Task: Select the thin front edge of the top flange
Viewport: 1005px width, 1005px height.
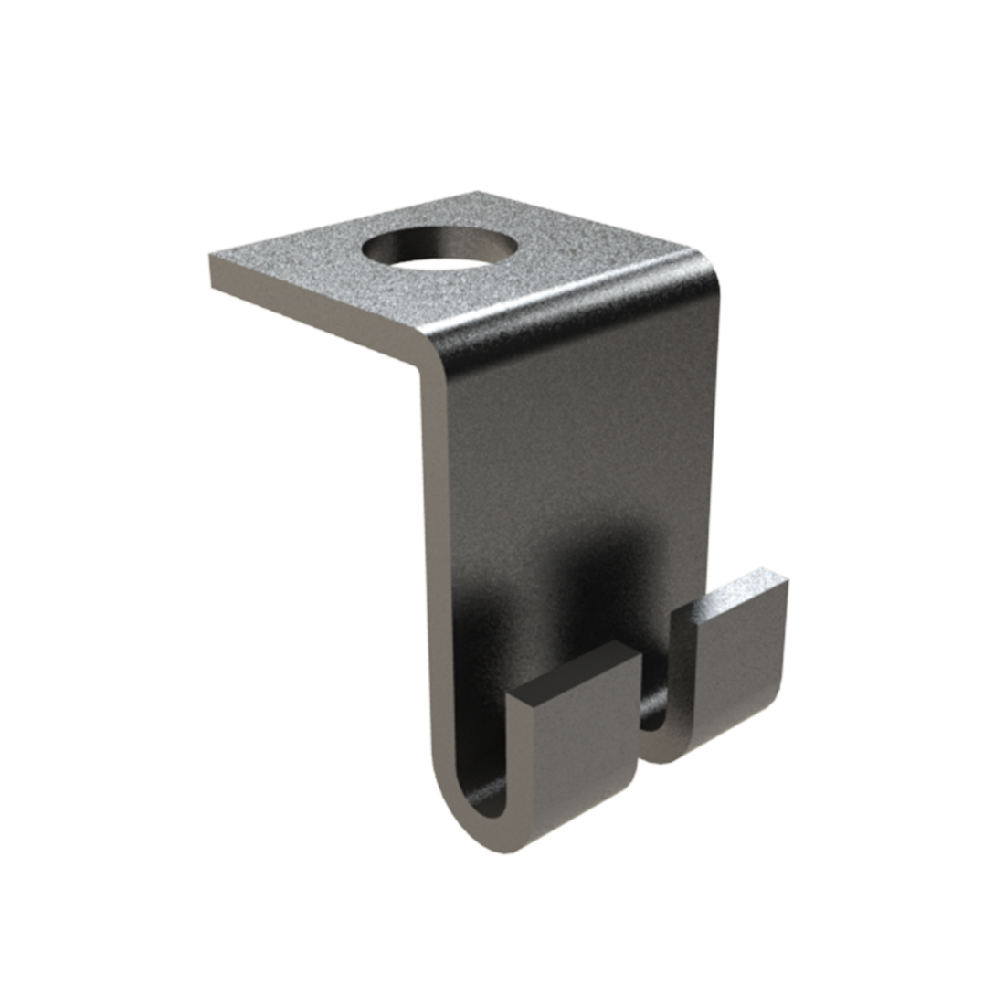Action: [x=311, y=315]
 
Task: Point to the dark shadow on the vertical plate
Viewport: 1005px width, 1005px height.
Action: [x=585, y=566]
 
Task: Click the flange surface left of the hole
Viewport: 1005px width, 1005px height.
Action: [x=301, y=270]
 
